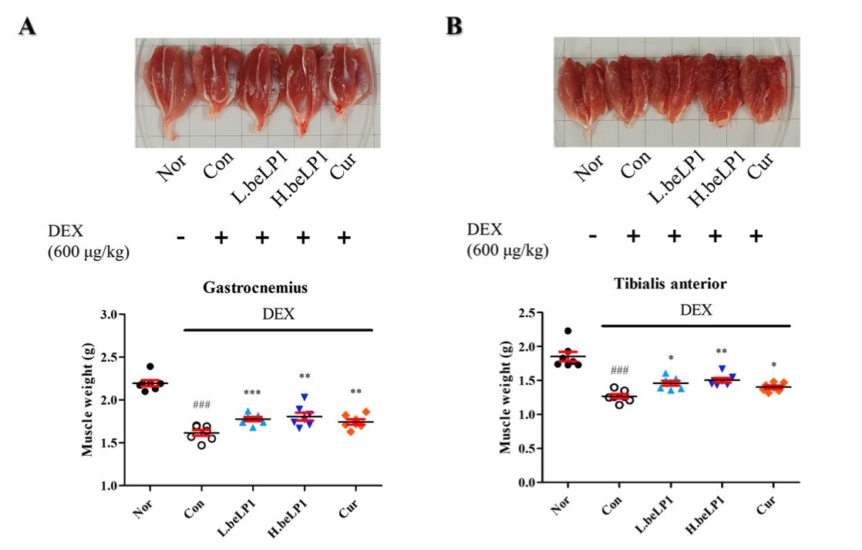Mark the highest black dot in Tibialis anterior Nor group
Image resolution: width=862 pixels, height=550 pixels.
568,332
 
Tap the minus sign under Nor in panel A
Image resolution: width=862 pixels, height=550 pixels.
180,238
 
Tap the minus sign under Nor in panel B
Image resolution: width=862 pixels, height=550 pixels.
592,235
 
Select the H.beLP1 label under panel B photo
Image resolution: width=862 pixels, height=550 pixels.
716,180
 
